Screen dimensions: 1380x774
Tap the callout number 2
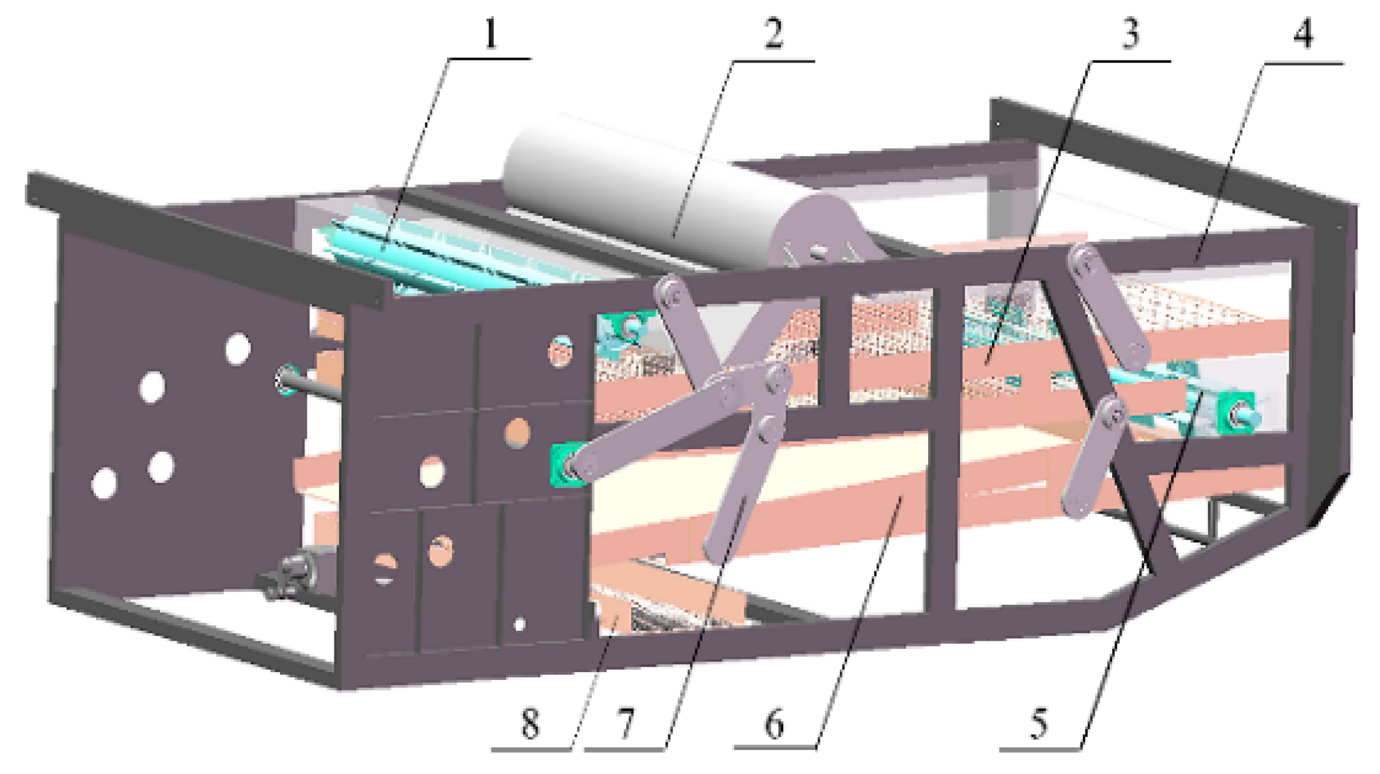pyautogui.click(x=774, y=34)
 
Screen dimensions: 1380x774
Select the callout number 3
pyautogui.click(x=1129, y=34)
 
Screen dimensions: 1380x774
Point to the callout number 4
pyautogui.click(x=1303, y=34)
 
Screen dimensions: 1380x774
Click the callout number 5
pyautogui.click(x=1039, y=723)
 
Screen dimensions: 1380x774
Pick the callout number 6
pyautogui.click(x=774, y=723)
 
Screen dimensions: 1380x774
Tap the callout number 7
pyautogui.click(x=626, y=723)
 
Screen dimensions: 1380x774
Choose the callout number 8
pyautogui.click(x=530, y=723)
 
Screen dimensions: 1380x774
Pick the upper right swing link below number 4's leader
pyautogui.click(x=1109, y=307)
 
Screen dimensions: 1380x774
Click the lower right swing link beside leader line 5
pyautogui.click(x=1094, y=457)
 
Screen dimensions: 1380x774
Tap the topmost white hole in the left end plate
pyautogui.click(x=238, y=349)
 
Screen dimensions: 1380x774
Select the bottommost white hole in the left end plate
pyautogui.click(x=104, y=483)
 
